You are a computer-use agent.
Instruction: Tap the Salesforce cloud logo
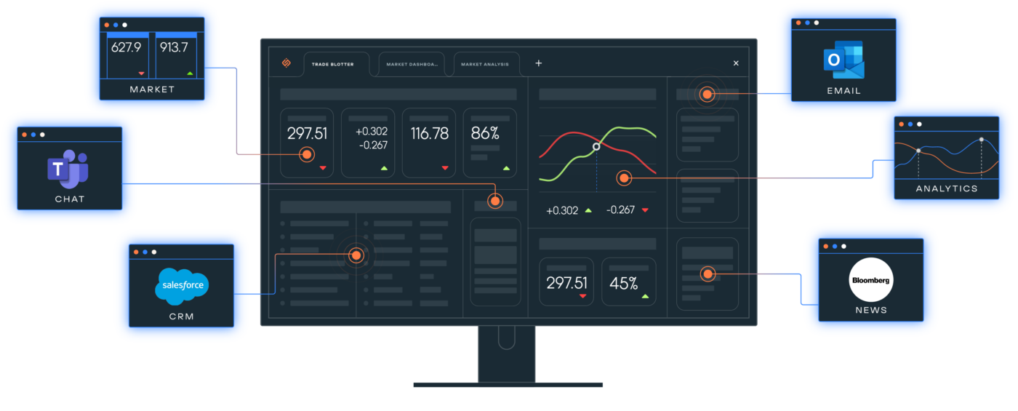pyautogui.click(x=182, y=286)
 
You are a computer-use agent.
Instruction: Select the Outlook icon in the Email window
pyautogui.click(x=844, y=60)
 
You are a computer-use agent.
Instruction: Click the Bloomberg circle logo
pyautogui.click(x=871, y=280)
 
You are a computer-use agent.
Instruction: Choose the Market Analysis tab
pyautogui.click(x=485, y=64)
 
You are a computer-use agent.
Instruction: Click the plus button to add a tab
pyautogui.click(x=539, y=63)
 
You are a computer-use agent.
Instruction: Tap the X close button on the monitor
pyautogui.click(x=736, y=63)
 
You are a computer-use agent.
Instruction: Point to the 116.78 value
pyautogui.click(x=429, y=134)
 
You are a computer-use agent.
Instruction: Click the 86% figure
pyautogui.click(x=485, y=134)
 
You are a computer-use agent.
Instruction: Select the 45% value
pyautogui.click(x=624, y=283)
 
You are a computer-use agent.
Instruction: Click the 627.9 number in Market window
pyautogui.click(x=127, y=47)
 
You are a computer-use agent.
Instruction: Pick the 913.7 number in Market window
pyautogui.click(x=175, y=47)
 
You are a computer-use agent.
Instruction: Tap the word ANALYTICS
pyautogui.click(x=947, y=188)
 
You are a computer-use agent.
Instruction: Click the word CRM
pyautogui.click(x=181, y=316)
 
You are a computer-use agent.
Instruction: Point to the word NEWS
pyautogui.click(x=871, y=310)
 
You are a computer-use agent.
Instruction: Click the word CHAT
pyautogui.click(x=70, y=199)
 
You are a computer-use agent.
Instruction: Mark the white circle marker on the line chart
pyautogui.click(x=596, y=146)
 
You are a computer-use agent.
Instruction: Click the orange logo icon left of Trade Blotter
pyautogui.click(x=286, y=63)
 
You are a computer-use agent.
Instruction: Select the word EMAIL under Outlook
pyautogui.click(x=843, y=91)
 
